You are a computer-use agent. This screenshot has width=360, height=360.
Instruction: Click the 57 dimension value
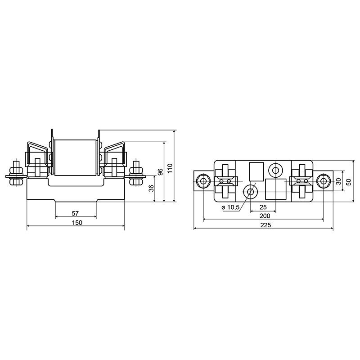75,213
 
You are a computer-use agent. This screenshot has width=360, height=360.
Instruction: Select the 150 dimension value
77,222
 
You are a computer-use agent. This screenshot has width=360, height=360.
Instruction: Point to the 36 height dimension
151,188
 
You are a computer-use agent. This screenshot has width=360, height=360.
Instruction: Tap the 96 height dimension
161,172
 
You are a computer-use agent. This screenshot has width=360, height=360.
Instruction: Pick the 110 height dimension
170,168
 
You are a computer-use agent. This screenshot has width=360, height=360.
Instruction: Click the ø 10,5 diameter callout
230,207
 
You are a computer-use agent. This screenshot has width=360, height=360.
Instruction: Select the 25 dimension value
263,207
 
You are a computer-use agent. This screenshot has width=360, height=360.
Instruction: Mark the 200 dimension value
265,216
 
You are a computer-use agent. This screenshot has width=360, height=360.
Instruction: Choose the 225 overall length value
265,225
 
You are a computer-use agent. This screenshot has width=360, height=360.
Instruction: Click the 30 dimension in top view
338,181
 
